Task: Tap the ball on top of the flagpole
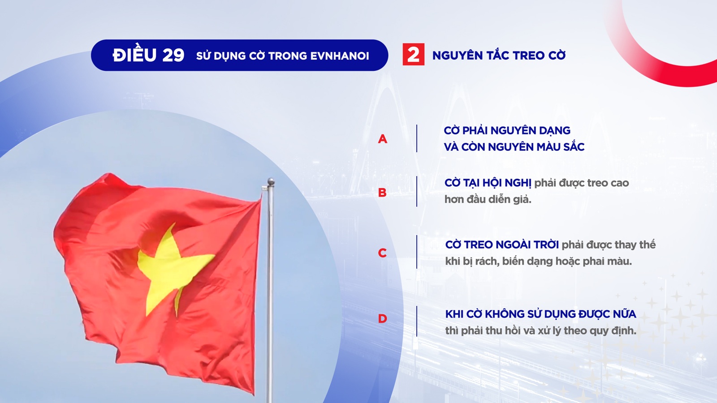coord(271,182)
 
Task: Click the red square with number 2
coord(413,54)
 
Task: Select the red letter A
coord(383,139)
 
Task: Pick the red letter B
coord(382,193)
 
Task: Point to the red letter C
coord(382,253)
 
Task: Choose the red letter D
coord(383,318)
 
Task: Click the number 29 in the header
coord(173,56)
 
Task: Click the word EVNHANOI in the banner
coord(340,56)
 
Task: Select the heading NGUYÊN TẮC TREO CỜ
coord(499,55)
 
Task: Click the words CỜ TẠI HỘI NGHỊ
coord(488,183)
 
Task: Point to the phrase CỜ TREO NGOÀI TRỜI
coord(502,244)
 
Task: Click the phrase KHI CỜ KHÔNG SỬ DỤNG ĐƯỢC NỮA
coord(540,314)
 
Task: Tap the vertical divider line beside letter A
coord(417,138)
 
